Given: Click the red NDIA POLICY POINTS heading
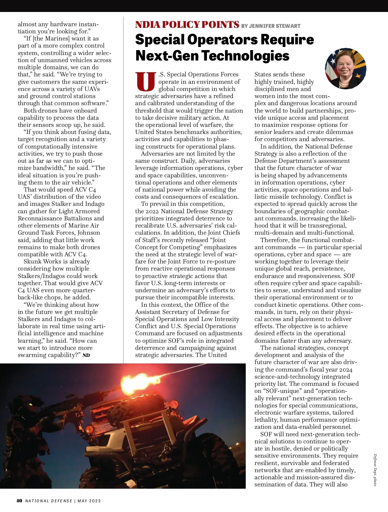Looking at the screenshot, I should [187, 25].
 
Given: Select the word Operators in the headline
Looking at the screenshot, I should [222, 40].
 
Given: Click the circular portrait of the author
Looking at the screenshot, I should [345, 69].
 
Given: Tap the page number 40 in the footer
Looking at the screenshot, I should [19, 501].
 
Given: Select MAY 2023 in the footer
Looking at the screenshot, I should [89, 501].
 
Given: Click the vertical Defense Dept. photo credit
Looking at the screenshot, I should [375, 470].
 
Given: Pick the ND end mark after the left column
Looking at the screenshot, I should [86, 355].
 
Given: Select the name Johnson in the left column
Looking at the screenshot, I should [89, 233].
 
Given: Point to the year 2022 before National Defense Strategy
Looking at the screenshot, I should [152, 211].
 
